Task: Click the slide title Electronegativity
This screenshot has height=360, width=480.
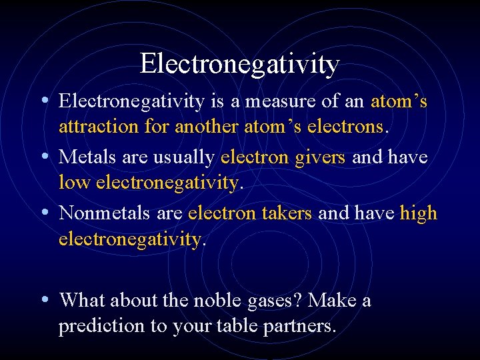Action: (239, 64)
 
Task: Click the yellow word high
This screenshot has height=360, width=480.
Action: (418, 213)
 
